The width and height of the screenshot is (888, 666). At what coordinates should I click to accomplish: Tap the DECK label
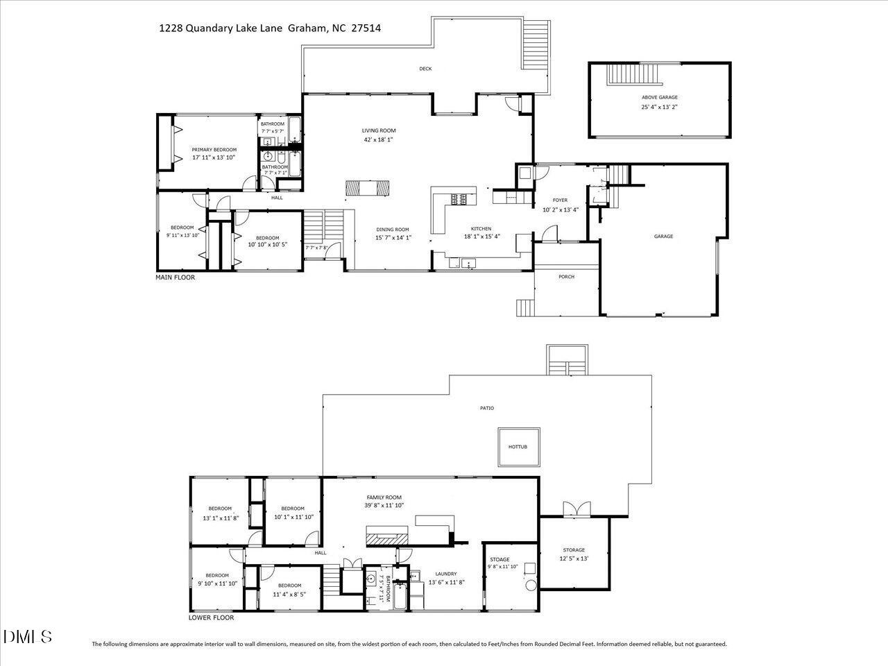pos(425,69)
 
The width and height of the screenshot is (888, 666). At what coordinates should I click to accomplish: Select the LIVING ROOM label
pos(379,130)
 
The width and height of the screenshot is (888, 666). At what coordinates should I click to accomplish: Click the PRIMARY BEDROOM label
pos(214,150)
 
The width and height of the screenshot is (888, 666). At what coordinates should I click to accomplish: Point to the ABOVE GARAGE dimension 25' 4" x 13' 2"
pos(658,108)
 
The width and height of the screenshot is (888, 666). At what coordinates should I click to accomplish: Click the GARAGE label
pos(663,237)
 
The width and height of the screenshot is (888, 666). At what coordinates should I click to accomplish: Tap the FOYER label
pos(560,200)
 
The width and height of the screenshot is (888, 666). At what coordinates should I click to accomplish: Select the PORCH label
pos(566,277)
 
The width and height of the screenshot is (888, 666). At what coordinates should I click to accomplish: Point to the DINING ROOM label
pos(393,230)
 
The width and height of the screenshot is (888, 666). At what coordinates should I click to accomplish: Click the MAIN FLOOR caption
pos(175,277)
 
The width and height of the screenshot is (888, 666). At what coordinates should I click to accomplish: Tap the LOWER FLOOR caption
pos(211,617)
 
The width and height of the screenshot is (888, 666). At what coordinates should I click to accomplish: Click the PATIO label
pos(487,409)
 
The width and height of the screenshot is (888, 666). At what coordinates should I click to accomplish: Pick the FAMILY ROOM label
pos(384,497)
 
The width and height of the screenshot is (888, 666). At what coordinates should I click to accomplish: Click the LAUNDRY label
pos(446,574)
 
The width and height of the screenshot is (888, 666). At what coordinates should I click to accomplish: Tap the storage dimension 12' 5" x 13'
pos(574,558)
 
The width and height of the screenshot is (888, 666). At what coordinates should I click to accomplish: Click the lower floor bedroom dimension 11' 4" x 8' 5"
pos(289,595)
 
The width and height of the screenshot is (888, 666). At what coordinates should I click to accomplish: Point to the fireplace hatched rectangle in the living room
pos(368,188)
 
